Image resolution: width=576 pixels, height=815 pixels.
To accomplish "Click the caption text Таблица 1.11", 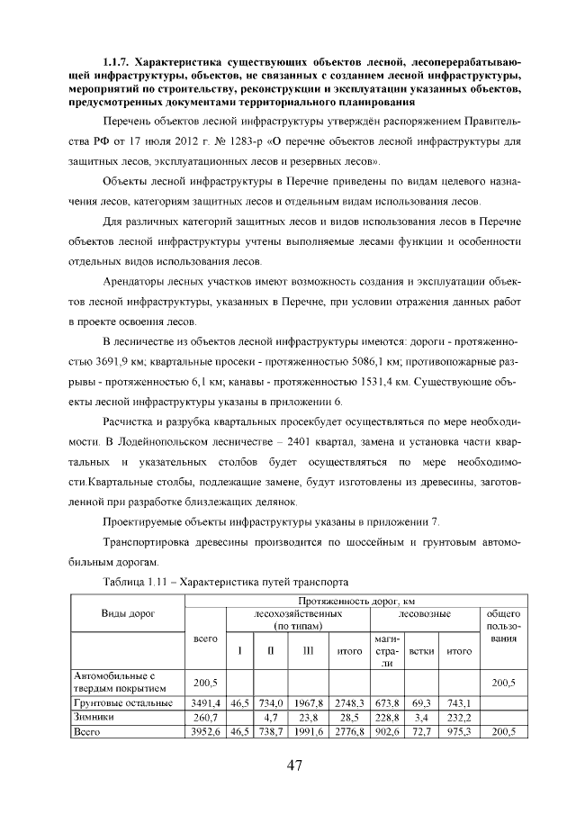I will [x=139, y=582].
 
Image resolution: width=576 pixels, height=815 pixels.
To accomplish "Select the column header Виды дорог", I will [x=127, y=613].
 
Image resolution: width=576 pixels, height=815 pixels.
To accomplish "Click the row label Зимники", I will [x=93, y=717].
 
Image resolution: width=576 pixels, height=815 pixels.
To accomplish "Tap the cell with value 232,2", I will [x=459, y=717].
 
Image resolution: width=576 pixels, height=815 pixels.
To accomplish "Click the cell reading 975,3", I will [x=459, y=732].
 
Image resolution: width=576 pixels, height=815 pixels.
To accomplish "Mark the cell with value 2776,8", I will [x=347, y=732].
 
